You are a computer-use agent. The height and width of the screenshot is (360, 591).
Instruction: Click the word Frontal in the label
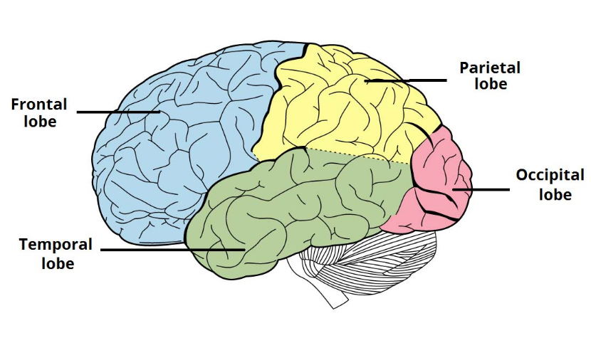click(39, 105)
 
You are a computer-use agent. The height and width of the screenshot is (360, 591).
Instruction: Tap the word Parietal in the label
click(490, 68)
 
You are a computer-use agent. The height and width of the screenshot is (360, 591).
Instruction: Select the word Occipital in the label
click(550, 176)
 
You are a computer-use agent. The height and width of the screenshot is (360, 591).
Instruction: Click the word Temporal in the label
click(56, 245)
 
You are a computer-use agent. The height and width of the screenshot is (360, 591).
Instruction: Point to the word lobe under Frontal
click(39, 121)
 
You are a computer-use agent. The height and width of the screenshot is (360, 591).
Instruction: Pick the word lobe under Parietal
click(491, 85)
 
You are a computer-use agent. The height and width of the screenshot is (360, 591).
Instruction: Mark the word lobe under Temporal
click(56, 263)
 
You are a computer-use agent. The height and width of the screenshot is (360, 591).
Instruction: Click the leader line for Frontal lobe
click(117, 112)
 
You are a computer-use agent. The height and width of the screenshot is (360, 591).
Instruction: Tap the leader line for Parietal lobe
click(406, 81)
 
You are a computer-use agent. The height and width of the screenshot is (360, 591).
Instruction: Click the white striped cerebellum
click(377, 263)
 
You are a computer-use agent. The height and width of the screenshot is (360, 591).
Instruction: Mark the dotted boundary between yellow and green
click(356, 156)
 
